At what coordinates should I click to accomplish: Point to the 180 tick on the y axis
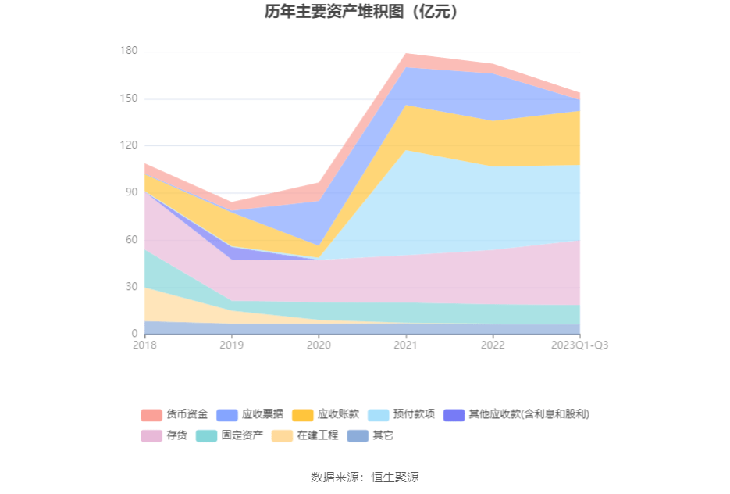pos(129,52)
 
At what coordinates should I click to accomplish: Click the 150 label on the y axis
pos(129,98)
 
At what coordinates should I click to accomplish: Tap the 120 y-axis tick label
pos(129,145)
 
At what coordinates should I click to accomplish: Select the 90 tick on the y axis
pos(131,192)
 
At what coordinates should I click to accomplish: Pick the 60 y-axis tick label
pos(131,240)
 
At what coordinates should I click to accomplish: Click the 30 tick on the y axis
pos(131,287)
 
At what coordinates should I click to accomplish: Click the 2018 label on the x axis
pos(144,345)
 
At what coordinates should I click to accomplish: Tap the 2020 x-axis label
pos(319,345)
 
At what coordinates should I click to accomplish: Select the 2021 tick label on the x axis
pos(405,345)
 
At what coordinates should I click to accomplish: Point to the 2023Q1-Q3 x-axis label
pos(580,345)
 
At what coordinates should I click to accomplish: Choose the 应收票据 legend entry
pos(250,414)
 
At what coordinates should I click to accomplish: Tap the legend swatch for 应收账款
pos(303,414)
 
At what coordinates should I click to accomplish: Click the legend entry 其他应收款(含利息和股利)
pos(515,414)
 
